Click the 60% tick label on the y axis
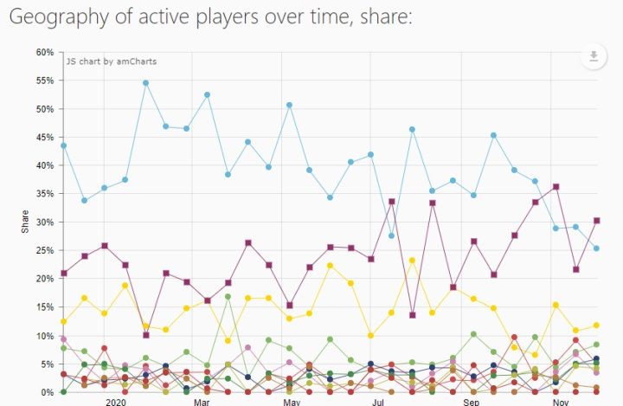(44, 52)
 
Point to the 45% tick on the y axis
(44, 137)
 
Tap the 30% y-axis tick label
(44, 222)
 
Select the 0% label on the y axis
(47, 392)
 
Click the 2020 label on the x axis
(115, 403)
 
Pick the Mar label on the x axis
(202, 403)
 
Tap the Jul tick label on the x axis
(378, 403)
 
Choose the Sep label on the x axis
(471, 403)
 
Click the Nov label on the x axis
(562, 403)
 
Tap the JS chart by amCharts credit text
(105, 61)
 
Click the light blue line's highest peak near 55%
(145, 83)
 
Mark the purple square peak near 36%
(556, 186)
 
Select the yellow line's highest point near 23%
(413, 261)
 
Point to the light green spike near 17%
(228, 297)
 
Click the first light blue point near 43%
(63, 145)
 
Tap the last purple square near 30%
(597, 221)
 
